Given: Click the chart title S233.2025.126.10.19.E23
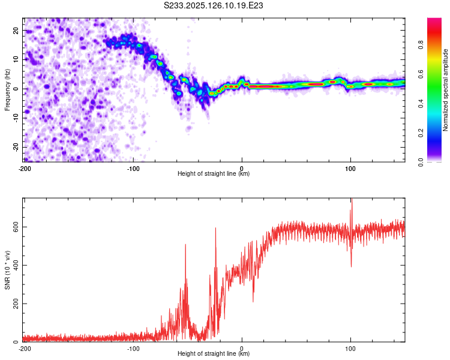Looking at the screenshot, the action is point(213,5).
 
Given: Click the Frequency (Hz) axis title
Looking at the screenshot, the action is point(7,90).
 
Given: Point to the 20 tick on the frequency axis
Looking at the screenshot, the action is point(16,31).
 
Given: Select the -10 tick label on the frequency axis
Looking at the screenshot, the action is point(16,118).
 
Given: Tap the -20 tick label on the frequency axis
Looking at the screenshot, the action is point(16,147).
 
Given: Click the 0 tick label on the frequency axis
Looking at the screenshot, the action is point(16,89).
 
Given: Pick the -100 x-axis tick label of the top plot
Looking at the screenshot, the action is point(133,169).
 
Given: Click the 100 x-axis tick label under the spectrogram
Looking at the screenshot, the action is point(350,169).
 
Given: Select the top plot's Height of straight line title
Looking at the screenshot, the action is point(214,173).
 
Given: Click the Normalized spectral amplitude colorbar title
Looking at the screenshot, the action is point(445,90).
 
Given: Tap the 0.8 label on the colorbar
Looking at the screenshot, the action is point(421,45).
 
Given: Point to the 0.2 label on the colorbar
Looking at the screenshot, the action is point(421,133).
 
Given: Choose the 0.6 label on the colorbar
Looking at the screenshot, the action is point(421,74).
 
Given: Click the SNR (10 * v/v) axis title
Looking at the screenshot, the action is point(7,270).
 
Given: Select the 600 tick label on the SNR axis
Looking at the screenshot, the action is point(16,227).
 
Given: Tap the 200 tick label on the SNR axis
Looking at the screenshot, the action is point(16,304).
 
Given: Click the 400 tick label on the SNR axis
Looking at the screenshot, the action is point(16,265).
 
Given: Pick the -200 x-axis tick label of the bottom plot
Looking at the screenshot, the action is point(25,349).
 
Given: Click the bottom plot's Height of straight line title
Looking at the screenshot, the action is point(214,353).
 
